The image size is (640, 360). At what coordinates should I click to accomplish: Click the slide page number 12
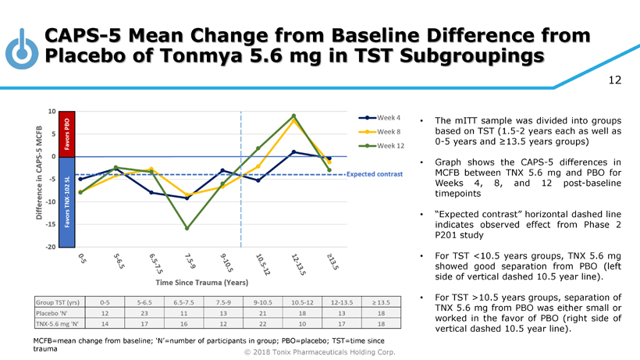(615, 80)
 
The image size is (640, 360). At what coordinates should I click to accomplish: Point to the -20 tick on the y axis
(50, 247)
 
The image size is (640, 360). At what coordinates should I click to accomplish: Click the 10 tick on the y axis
(51, 111)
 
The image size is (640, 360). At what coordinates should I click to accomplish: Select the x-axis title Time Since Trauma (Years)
(202, 281)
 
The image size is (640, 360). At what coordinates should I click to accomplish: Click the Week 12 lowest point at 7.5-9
(187, 228)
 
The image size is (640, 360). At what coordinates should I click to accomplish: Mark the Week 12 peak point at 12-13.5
(293, 116)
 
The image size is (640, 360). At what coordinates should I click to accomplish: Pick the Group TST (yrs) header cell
(58, 301)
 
